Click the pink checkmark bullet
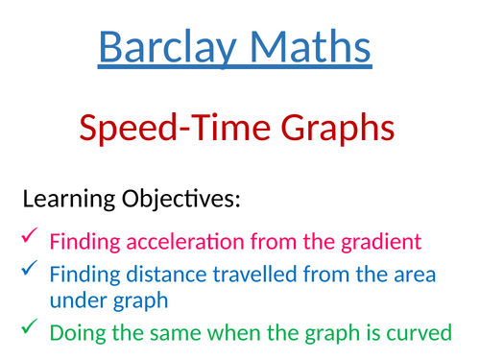[x=29, y=235]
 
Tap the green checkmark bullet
[x=29, y=330]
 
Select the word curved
[x=415, y=334]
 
